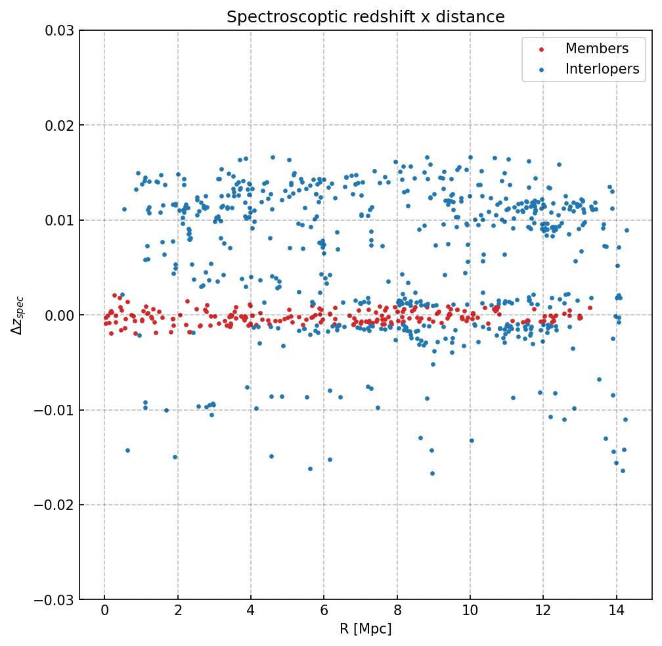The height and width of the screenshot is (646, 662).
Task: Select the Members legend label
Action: click(596, 49)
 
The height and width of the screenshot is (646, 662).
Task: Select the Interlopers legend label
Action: click(602, 69)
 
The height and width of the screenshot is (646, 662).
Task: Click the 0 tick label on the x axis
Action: click(104, 613)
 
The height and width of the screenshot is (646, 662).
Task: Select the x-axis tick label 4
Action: click(250, 613)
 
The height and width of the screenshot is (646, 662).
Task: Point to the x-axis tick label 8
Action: click(397, 613)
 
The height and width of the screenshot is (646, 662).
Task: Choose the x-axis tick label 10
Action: click(470, 613)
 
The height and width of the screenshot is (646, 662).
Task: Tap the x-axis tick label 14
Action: click(616, 613)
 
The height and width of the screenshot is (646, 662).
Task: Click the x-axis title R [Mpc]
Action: click(366, 630)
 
